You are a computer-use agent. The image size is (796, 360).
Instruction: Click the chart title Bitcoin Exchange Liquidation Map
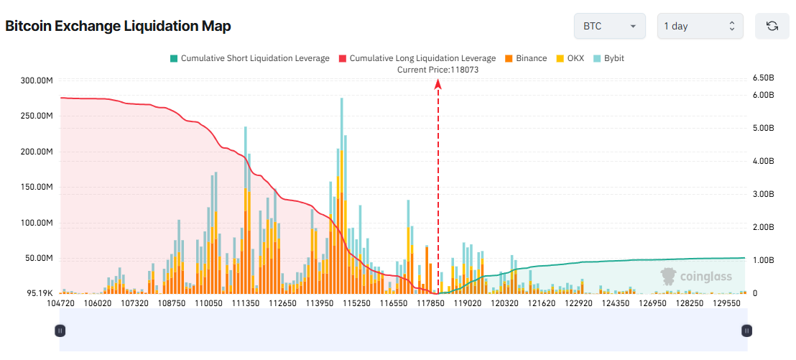[118, 27]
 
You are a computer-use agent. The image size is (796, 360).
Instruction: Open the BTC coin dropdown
[609, 26]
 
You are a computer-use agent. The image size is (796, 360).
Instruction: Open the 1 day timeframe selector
[700, 26]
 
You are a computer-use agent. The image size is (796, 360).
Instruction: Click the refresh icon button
[772, 26]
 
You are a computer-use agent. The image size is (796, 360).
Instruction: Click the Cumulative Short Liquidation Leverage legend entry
[249, 58]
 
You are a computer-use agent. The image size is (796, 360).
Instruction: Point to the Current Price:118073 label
[438, 70]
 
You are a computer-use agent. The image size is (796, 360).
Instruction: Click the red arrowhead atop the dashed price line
[438, 84]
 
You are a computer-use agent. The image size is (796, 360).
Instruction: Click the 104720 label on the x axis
[60, 304]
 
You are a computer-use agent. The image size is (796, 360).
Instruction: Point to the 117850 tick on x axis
[431, 304]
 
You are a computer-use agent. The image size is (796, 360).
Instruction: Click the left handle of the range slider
[60, 331]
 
